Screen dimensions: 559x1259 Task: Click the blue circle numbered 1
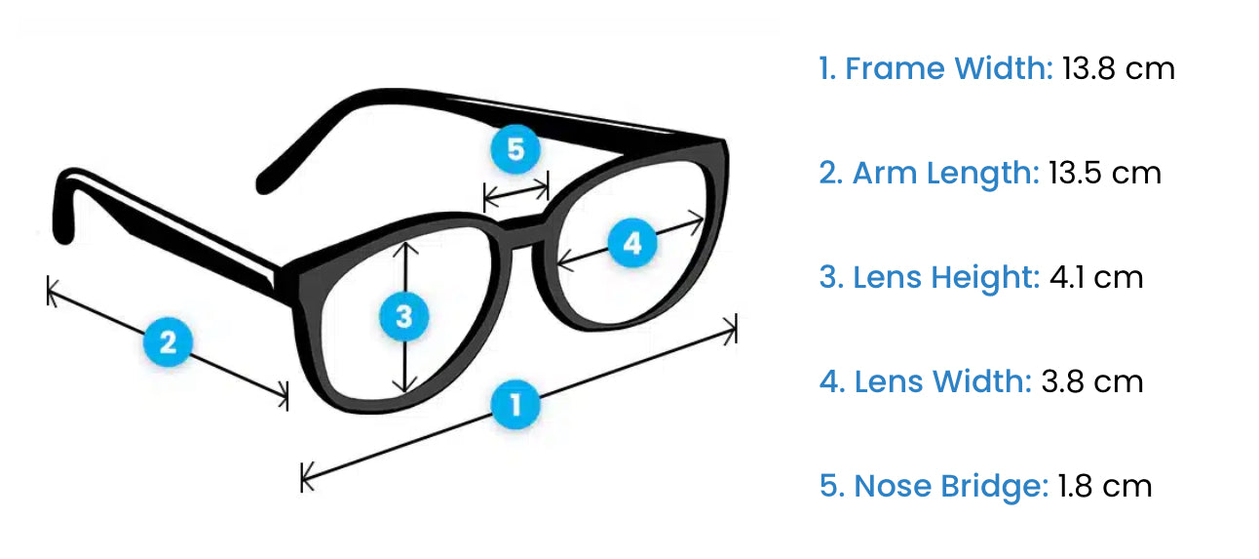515,404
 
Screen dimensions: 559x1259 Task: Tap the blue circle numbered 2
167,342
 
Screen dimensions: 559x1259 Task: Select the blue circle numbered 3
403,316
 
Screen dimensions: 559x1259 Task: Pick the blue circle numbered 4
632,243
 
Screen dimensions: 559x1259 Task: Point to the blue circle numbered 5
515,150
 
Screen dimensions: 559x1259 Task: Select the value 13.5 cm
1105,174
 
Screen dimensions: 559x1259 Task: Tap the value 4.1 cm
1095,278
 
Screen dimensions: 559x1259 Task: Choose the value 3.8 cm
1091,381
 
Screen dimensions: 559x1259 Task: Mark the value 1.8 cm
1105,486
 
